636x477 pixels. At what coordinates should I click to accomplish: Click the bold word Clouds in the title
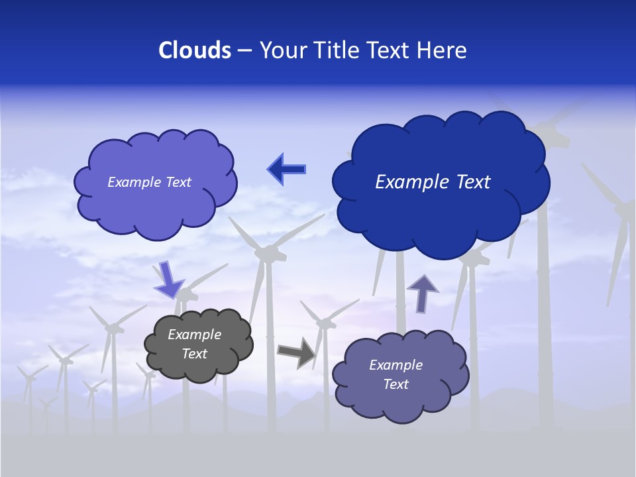pyautogui.click(x=194, y=50)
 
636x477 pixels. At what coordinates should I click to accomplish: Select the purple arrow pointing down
pyautogui.click(x=168, y=279)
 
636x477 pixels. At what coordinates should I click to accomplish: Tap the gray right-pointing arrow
pyautogui.click(x=296, y=352)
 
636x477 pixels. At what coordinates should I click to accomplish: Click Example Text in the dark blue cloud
pyautogui.click(x=433, y=182)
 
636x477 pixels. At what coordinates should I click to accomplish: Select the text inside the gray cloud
pyautogui.click(x=195, y=344)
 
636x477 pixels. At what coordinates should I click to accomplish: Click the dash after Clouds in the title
pyautogui.click(x=244, y=50)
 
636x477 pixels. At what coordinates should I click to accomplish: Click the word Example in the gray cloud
pyautogui.click(x=195, y=335)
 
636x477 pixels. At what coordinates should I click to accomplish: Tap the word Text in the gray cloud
pyautogui.click(x=195, y=354)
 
